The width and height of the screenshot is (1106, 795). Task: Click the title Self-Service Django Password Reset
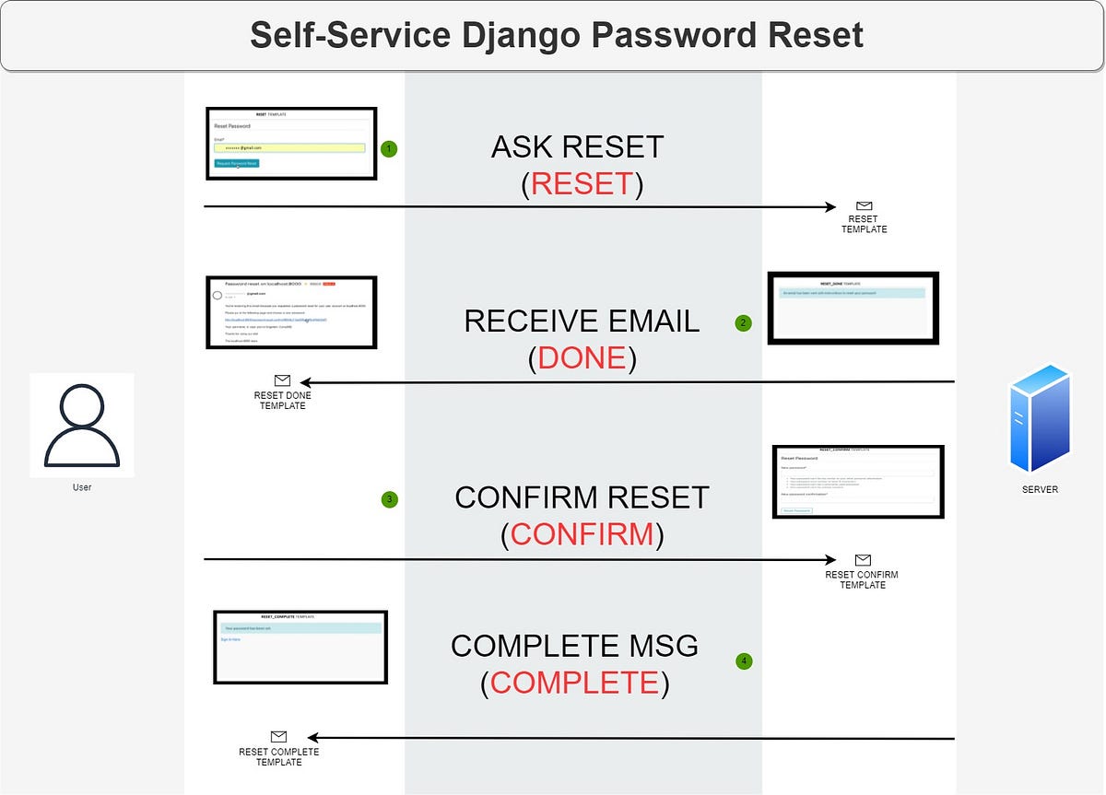[x=556, y=35]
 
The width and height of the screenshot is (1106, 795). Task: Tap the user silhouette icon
[x=81, y=425]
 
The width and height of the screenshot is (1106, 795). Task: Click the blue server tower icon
[x=1040, y=418]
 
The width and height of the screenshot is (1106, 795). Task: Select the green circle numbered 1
[x=389, y=148]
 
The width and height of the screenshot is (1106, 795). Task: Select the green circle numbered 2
[x=743, y=323]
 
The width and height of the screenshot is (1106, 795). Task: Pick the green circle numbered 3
[x=390, y=500]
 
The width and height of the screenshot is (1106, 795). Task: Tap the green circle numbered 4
[x=744, y=661]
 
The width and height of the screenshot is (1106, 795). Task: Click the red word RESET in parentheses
[x=582, y=184]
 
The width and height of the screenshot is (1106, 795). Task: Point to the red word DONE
[x=582, y=358]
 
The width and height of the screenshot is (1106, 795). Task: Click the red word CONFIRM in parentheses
[x=582, y=534]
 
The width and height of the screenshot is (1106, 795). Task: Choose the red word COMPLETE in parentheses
[x=574, y=683]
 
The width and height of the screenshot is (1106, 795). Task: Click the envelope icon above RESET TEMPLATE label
[x=864, y=206]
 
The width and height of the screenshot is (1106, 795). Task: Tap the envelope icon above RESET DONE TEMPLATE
[x=282, y=380]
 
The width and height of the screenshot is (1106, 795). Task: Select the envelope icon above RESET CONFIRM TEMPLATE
[x=863, y=560]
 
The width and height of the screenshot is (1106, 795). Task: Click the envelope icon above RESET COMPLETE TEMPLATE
[x=278, y=736]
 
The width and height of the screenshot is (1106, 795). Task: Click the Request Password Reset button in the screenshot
[x=237, y=163]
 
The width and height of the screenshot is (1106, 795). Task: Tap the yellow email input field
[x=289, y=147]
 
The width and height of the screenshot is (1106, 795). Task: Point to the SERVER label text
[x=1040, y=489]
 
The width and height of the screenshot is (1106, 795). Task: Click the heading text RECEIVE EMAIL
[x=582, y=321]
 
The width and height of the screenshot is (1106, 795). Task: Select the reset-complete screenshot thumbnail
[x=300, y=647]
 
